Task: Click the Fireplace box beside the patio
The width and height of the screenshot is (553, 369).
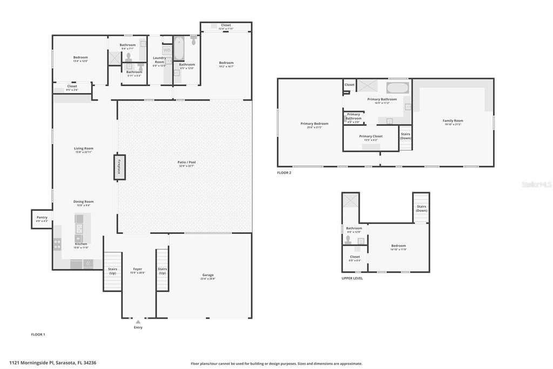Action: [119, 167]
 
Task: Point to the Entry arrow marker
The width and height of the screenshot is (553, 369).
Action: [138, 322]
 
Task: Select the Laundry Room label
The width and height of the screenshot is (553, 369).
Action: [159, 60]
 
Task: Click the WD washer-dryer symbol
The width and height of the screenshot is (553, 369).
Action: [166, 50]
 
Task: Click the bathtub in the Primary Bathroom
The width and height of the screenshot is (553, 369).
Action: [398, 88]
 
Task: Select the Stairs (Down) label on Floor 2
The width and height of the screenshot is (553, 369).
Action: [405, 136]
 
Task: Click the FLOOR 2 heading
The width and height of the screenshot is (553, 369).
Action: [284, 173]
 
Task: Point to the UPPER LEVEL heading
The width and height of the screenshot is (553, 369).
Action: [352, 278]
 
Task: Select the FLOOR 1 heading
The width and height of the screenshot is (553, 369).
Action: [38, 334]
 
